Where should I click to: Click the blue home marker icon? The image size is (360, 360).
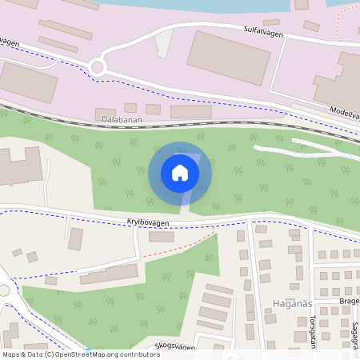coord(180,173)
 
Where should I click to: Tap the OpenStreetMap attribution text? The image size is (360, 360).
coord(80,354)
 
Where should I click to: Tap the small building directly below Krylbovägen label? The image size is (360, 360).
coord(161,237)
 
